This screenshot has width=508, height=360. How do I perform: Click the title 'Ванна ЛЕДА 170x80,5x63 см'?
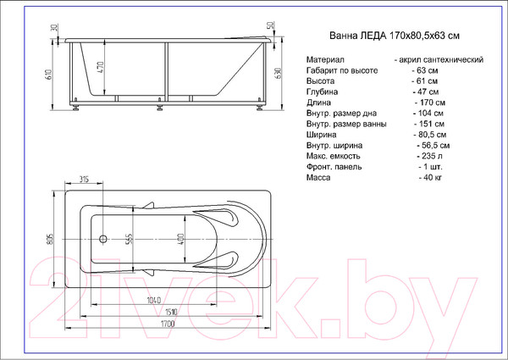click(x=395, y=36)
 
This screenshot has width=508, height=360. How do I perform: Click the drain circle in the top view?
click(x=103, y=239)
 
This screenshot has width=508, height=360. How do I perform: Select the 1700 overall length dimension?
click(x=167, y=324)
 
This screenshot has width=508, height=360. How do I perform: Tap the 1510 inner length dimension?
click(x=171, y=312)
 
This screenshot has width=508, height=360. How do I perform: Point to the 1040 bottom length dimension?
click(x=153, y=301)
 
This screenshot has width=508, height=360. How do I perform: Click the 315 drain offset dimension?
click(x=84, y=179)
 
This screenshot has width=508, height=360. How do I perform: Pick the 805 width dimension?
click(x=51, y=239)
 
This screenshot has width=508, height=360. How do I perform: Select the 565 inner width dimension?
click(x=129, y=240)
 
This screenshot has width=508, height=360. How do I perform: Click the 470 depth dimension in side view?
click(x=100, y=67)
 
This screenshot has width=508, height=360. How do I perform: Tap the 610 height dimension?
click(x=49, y=75)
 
